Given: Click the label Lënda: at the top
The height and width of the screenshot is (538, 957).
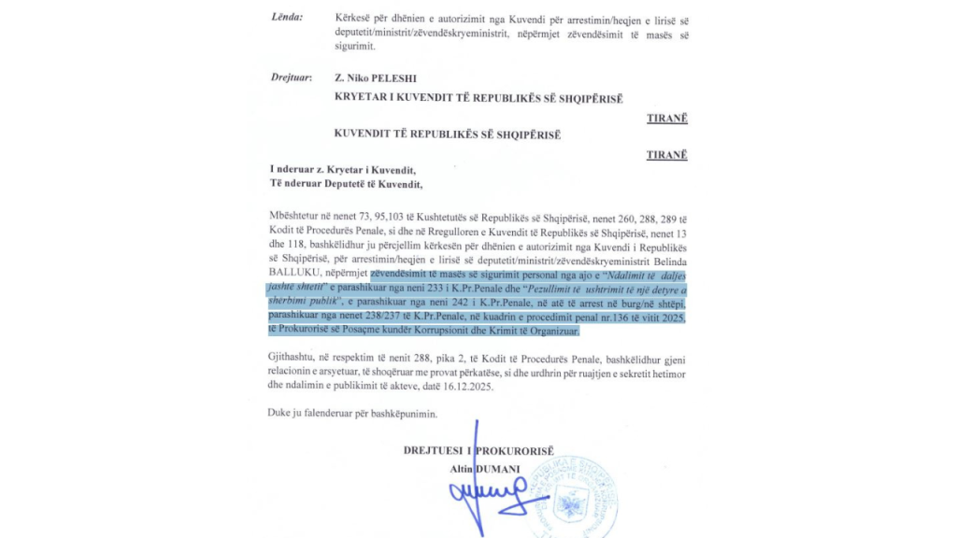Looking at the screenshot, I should pos(287,18).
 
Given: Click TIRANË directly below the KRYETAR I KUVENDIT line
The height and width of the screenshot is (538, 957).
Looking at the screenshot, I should pos(666,119).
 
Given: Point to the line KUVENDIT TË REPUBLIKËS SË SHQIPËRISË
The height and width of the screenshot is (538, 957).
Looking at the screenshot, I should pos(447,134).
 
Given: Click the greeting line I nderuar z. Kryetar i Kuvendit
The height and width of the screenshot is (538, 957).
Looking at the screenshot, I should pos(343,169).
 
